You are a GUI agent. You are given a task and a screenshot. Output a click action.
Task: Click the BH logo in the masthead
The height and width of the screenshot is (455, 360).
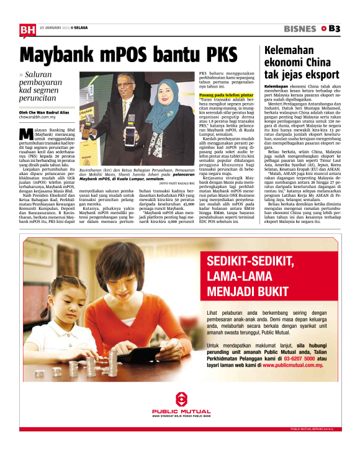pyautogui.click(x=27, y=29)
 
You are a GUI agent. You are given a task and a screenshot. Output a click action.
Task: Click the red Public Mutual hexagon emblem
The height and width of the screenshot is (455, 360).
pyautogui.click(x=180, y=400)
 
